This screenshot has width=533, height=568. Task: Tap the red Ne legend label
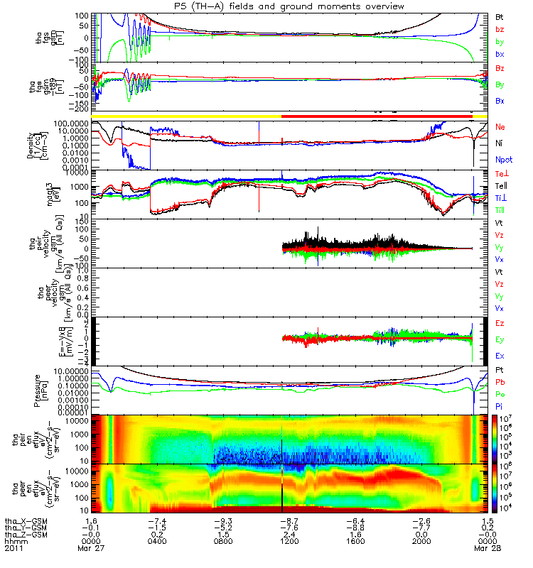pyautogui.click(x=500, y=126)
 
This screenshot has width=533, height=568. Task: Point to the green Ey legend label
pyautogui.click(x=500, y=339)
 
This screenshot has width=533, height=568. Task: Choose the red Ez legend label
pyautogui.click(x=500, y=323)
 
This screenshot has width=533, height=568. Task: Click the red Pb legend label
pyautogui.click(x=500, y=383)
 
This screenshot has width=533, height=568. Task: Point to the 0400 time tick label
pyautogui.click(x=157, y=542)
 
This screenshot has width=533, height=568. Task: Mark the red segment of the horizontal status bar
pyautogui.click(x=377, y=115)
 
